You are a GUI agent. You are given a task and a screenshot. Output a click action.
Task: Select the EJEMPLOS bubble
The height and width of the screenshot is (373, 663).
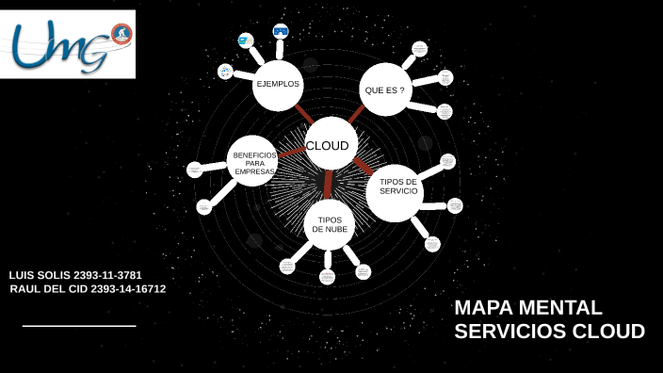(278, 85)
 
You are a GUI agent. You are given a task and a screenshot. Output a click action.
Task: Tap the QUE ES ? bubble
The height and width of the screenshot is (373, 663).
(385, 89)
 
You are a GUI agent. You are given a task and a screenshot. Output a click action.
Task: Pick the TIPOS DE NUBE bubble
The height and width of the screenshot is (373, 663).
(330, 224)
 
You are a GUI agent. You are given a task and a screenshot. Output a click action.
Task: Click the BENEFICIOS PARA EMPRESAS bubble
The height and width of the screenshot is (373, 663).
(252, 162)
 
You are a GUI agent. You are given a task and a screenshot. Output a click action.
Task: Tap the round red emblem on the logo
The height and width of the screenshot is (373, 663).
(121, 34)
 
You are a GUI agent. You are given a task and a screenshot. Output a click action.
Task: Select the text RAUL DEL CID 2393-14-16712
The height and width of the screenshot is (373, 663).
(88, 289)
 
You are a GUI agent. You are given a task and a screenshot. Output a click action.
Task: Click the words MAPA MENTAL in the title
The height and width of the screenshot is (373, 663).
(527, 308)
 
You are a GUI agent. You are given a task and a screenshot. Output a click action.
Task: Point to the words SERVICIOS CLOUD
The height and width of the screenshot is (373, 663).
(549, 332)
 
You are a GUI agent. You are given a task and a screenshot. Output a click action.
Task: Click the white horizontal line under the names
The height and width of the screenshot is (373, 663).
(79, 326)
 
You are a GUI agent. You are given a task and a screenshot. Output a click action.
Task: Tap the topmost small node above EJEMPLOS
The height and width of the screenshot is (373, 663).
(281, 31)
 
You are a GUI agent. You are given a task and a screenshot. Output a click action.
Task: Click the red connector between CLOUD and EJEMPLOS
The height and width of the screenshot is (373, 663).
(303, 115)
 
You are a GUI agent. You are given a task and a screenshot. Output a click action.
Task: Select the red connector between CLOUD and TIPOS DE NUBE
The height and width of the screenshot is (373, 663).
(328, 184)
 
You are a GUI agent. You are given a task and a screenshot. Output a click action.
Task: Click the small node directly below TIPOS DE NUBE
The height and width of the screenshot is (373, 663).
(327, 276)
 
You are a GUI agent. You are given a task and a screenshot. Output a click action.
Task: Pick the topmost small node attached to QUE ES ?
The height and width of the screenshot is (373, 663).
(419, 49)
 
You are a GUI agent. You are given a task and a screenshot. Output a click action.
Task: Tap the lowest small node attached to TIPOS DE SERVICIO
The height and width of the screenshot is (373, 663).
(432, 244)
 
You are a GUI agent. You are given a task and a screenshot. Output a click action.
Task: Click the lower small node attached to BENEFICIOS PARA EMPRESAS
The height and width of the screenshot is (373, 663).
(204, 206)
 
